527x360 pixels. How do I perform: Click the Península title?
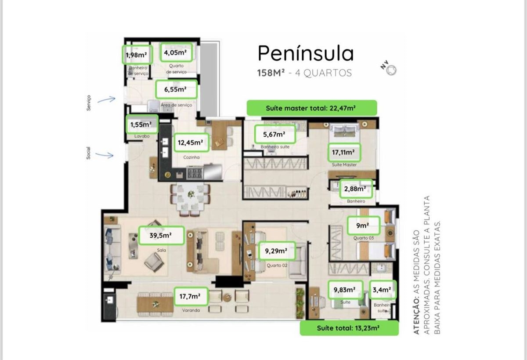click(x=306, y=54)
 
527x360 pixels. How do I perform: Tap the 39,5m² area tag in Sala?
click(x=161, y=235)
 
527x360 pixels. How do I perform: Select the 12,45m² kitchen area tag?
click(x=191, y=142)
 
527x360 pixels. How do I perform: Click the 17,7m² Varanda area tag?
click(x=191, y=296)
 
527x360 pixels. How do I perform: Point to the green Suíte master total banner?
click(x=312, y=108)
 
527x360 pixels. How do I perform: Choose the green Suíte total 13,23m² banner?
click(x=349, y=328)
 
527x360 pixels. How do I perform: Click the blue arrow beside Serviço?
click(x=106, y=100)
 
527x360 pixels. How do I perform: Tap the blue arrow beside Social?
click(x=104, y=155)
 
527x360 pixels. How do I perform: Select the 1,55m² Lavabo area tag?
click(x=142, y=124)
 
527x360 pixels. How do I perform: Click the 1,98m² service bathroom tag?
click(x=137, y=55)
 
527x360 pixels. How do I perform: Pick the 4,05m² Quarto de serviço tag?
click(x=176, y=52)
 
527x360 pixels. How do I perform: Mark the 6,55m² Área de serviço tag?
click(x=176, y=89)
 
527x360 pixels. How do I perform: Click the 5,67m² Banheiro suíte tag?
click(x=275, y=134)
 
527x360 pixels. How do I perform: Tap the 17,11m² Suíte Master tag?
click(x=344, y=152)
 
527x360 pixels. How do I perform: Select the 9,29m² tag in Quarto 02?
click(x=277, y=251)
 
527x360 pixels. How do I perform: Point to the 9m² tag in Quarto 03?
click(x=363, y=225)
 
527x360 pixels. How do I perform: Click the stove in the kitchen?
click(x=195, y=173)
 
